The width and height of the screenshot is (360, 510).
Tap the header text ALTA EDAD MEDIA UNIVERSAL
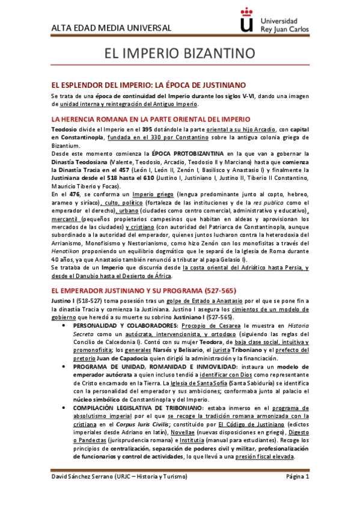[111, 28]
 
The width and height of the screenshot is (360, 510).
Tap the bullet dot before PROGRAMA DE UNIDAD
[74, 367]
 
